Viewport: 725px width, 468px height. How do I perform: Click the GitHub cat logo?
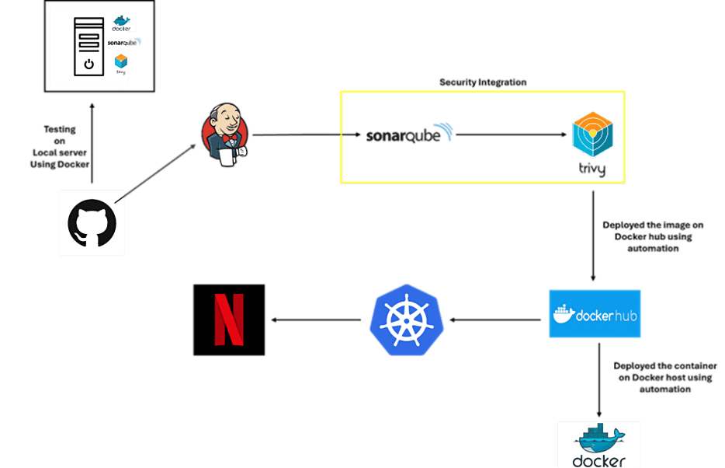92,224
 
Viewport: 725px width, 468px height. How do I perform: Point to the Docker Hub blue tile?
595,313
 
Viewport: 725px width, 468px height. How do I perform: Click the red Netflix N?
228,320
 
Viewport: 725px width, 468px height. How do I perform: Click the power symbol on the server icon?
88,64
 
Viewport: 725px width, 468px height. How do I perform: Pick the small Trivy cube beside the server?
120,61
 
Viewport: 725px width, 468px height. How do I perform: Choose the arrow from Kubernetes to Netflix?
314,320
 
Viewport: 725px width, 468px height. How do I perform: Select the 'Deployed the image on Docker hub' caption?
653,236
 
